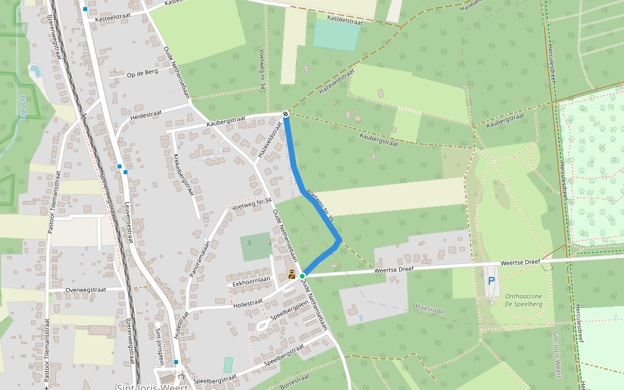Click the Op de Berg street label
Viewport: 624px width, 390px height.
tap(142, 72)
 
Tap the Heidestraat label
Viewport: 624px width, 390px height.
tap(146, 114)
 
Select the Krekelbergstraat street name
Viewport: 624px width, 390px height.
tap(184, 174)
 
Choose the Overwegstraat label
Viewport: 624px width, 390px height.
tap(86, 290)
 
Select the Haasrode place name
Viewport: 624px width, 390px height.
tap(429, 311)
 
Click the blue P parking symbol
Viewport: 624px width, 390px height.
tap(491, 281)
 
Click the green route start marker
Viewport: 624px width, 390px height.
tap(302, 276)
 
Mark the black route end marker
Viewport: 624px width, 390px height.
tap(285, 114)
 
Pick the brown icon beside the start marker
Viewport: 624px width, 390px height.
tap(292, 275)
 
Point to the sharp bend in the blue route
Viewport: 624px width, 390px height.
tap(339, 241)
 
